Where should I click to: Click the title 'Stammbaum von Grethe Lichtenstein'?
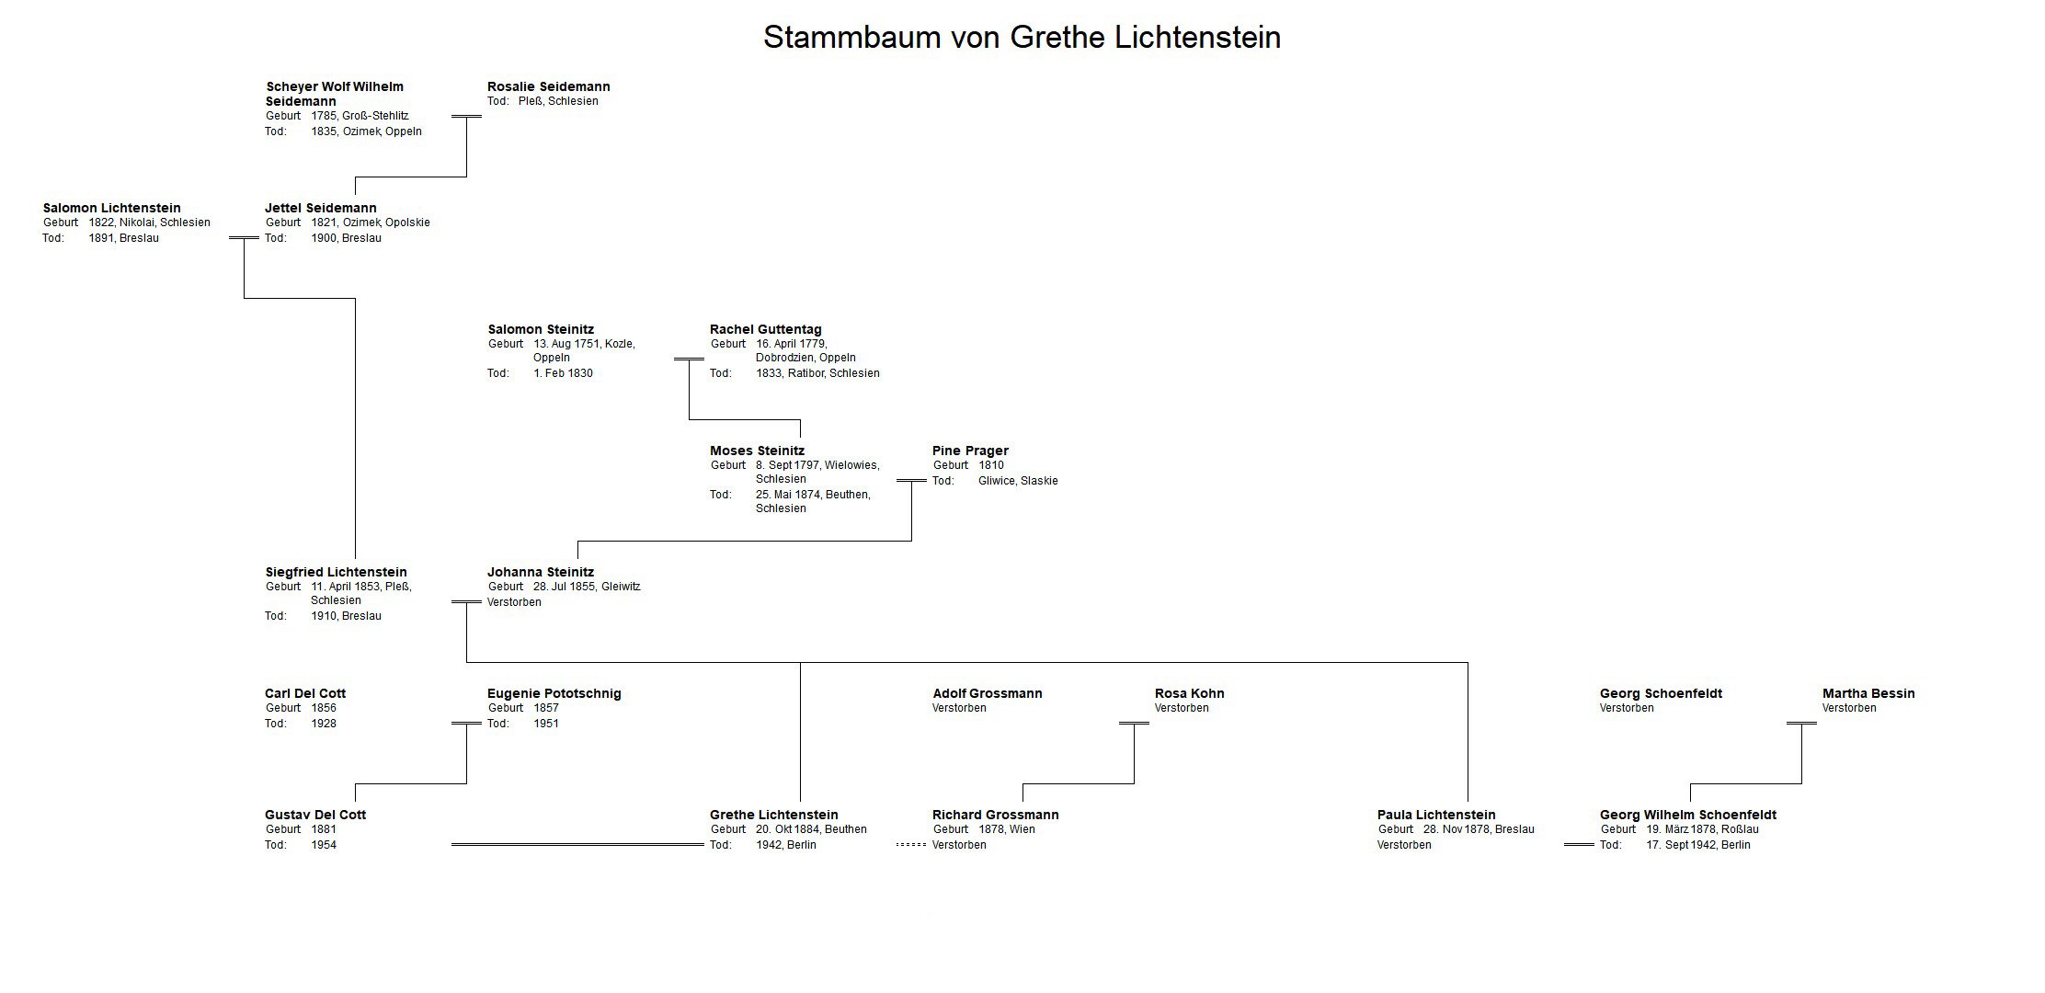click(x=1022, y=37)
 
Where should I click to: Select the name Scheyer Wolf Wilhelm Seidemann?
click(x=335, y=94)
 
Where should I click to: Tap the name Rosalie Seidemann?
click(x=549, y=86)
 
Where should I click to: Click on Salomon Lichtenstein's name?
click(x=112, y=208)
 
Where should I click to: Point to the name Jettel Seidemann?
click(x=321, y=208)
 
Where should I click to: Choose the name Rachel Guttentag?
click(x=766, y=329)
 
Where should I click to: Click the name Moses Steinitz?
click(x=757, y=451)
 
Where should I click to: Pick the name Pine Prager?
click(x=970, y=451)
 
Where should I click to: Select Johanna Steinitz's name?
click(x=541, y=572)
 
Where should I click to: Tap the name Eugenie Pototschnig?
click(x=554, y=693)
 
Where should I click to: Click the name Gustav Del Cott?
click(x=315, y=815)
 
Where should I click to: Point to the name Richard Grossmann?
click(x=996, y=815)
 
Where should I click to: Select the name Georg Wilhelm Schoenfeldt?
click(x=1688, y=815)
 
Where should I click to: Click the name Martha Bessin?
click(x=1868, y=693)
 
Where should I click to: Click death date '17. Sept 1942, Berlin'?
click(x=1698, y=845)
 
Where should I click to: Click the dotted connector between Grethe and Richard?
click(x=911, y=845)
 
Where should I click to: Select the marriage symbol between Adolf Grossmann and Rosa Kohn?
click(x=1134, y=724)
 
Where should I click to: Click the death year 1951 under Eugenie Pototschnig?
click(x=546, y=724)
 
